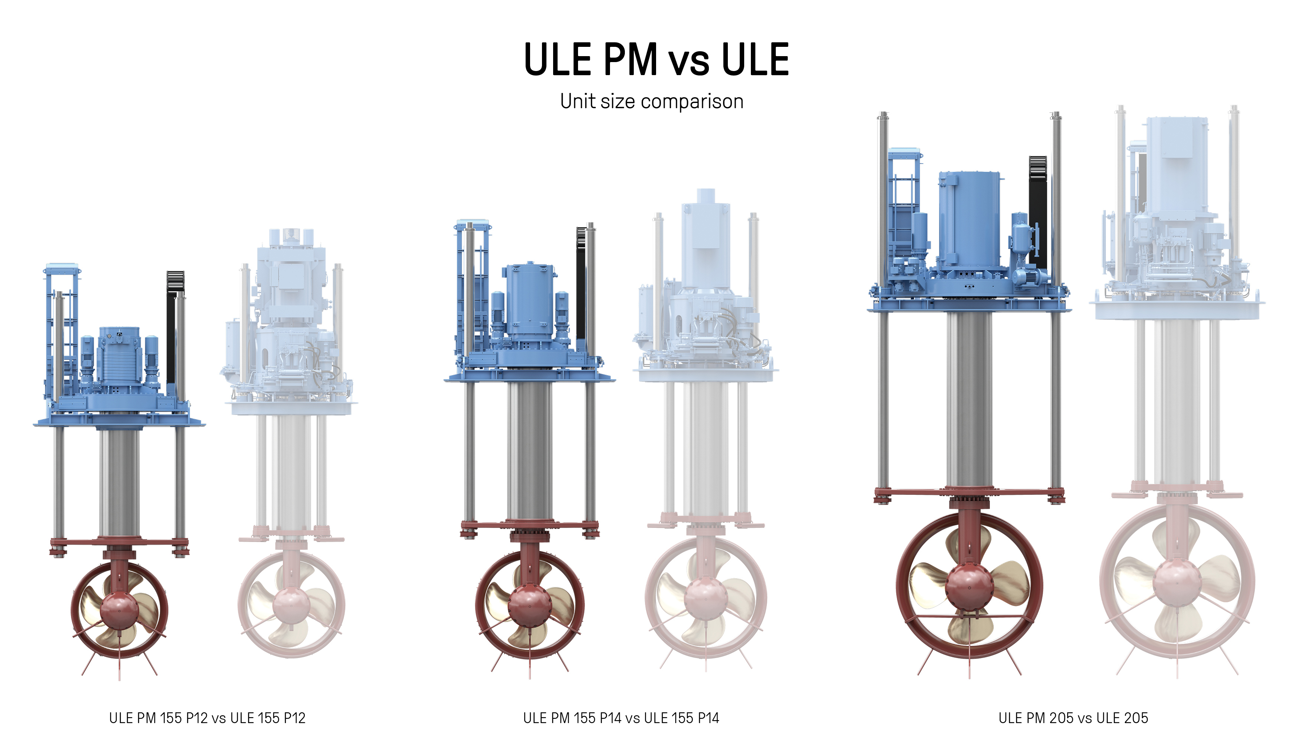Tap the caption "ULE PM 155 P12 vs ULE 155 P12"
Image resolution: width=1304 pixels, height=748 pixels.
coord(207,718)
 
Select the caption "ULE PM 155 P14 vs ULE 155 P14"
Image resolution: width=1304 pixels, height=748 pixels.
coord(621,718)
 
